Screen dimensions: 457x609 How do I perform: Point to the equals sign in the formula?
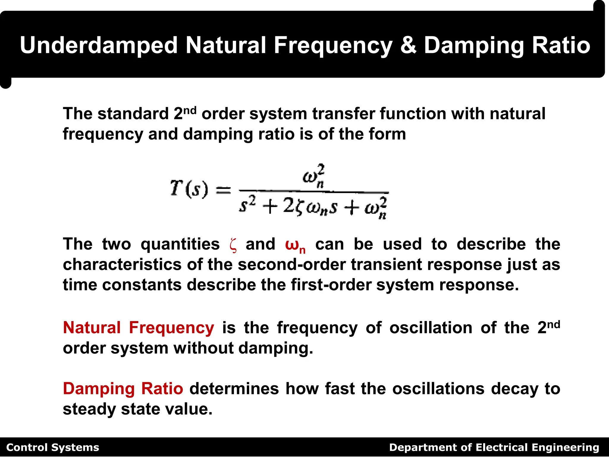[223, 190]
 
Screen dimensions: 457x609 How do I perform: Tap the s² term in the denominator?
[247, 205]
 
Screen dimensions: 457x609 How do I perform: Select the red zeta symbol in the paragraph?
[233, 245]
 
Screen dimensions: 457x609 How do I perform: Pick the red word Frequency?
[171, 328]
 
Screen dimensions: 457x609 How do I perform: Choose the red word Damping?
[99, 389]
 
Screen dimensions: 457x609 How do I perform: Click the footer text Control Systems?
[53, 447]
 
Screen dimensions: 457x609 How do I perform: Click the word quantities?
[180, 245]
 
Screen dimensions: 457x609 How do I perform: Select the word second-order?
[292, 265]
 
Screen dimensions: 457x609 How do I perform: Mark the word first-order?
[331, 285]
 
